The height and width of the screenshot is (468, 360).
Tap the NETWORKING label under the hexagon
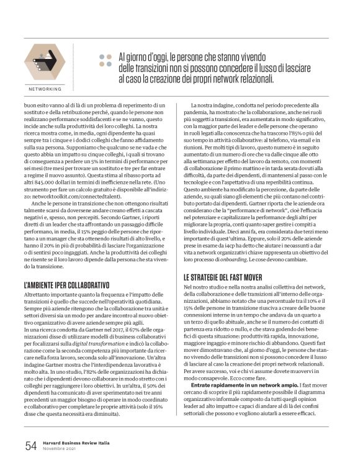[44, 89]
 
